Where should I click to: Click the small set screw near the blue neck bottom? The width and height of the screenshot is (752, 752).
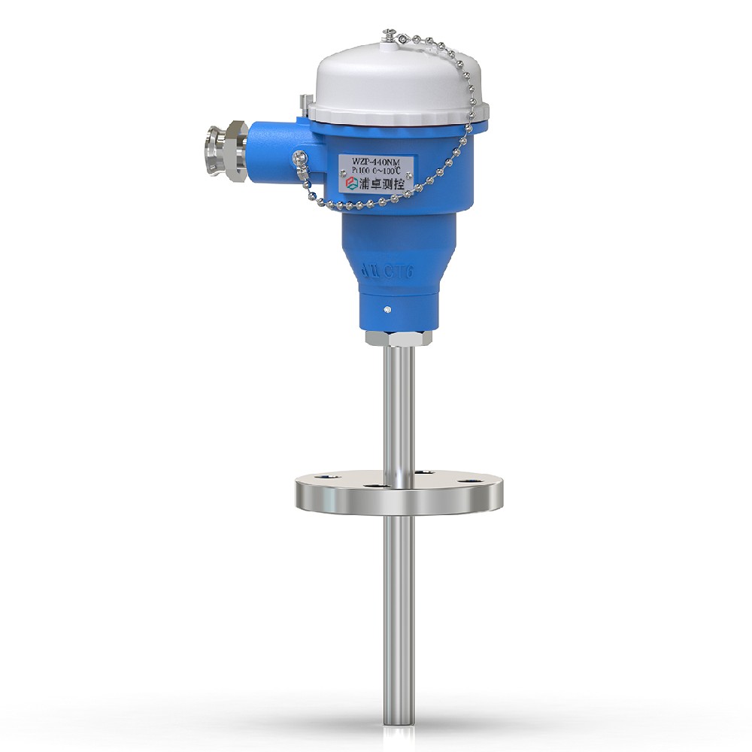pyautogui.click(x=386, y=309)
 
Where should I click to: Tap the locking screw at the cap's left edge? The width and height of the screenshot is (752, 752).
pyautogui.click(x=304, y=102)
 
